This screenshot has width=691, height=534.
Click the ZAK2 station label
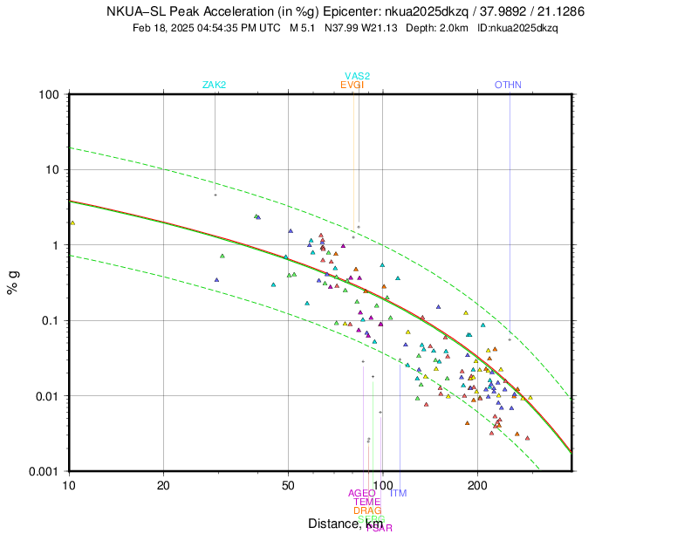coord(215,85)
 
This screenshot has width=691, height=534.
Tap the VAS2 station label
coord(357,76)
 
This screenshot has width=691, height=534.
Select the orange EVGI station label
coord(352,85)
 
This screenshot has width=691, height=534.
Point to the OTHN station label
coord(508,85)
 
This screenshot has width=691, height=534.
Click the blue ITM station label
coord(398,494)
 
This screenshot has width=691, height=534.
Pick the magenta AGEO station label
coord(361,493)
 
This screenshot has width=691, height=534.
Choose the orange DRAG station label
coord(367,510)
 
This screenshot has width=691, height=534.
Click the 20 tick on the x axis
coord(164,484)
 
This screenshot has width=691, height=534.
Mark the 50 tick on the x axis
coord(288,484)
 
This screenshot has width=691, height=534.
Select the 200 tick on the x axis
coord(477,484)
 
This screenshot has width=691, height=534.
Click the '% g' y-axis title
coord(14,283)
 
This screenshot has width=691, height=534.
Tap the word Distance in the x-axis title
coord(332,524)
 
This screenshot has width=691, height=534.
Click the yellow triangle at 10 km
coord(72,222)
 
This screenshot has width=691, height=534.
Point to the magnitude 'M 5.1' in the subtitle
coord(304,28)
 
